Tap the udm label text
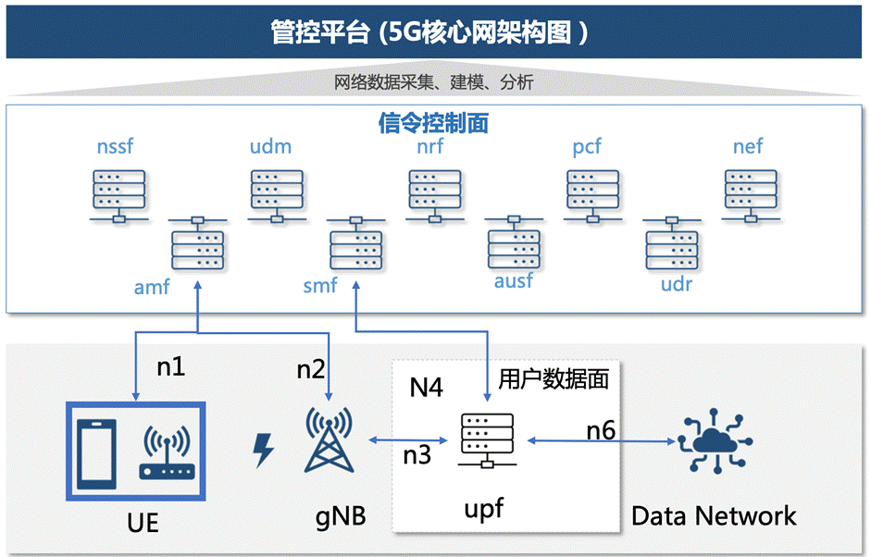pyautogui.click(x=270, y=146)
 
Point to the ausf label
pyautogui.click(x=514, y=279)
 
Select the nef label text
pyautogui.click(x=748, y=146)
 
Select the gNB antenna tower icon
pyautogui.click(x=330, y=441)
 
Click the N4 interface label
pyautogui.click(x=427, y=387)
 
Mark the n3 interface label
pyautogui.click(x=417, y=454)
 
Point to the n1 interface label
pyautogui.click(x=170, y=366)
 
